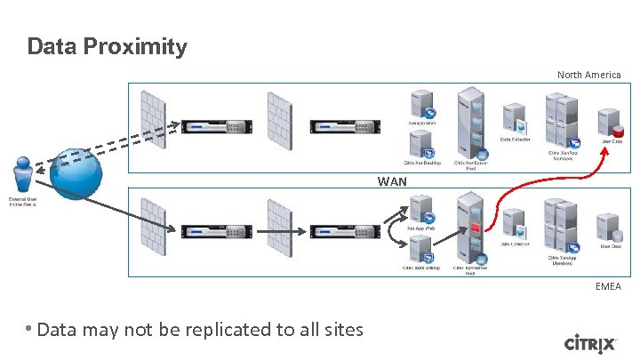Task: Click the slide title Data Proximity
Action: tap(107, 46)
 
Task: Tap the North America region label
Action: tap(588, 75)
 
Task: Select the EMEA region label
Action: tap(608, 286)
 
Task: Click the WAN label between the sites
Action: tap(392, 181)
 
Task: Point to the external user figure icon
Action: tap(23, 173)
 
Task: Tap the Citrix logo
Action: tap(589, 343)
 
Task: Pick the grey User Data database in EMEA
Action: tap(609, 228)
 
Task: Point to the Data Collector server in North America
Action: tap(516, 119)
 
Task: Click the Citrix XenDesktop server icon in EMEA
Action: tap(419, 250)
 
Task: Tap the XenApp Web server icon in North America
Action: tap(420, 103)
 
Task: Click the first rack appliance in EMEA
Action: tap(213, 232)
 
